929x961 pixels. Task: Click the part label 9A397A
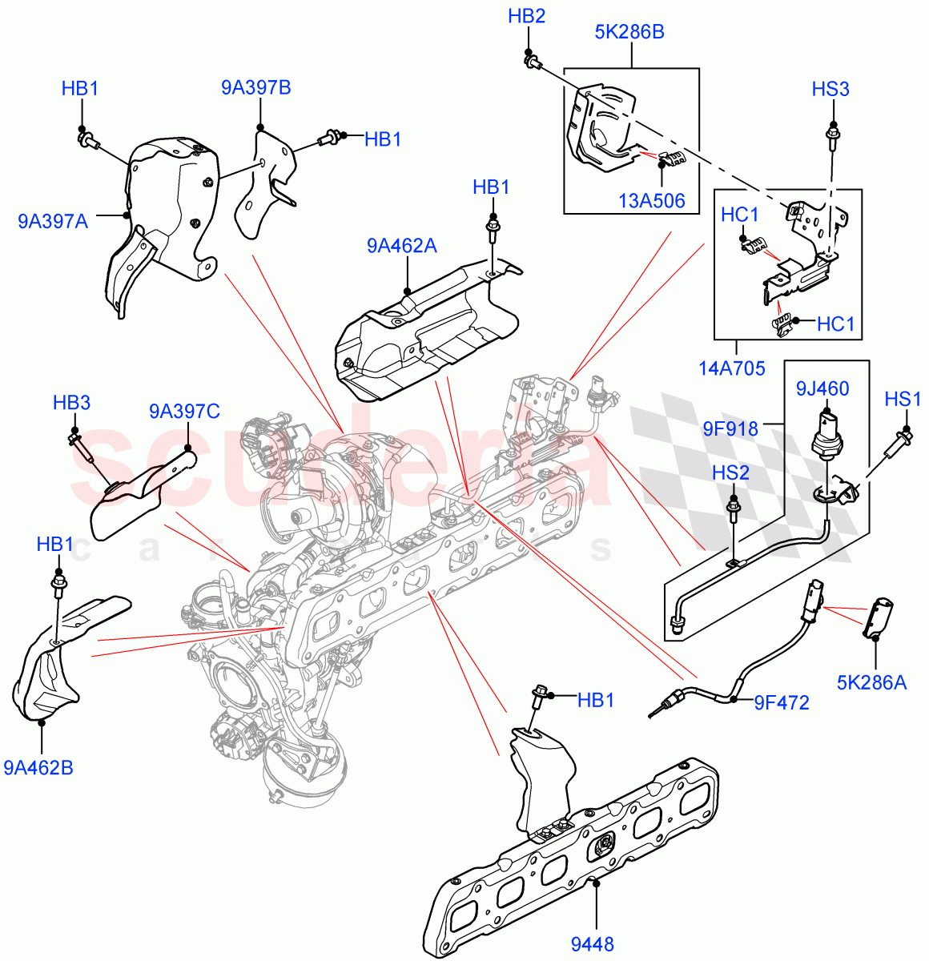(53, 220)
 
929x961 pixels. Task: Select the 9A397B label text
(256, 88)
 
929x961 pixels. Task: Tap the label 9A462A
(401, 246)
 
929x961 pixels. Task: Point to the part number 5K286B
(629, 33)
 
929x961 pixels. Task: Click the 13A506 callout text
(652, 200)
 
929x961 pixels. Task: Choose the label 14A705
(731, 368)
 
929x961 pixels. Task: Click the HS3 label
(830, 89)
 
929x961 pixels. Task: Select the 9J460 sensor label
(822, 389)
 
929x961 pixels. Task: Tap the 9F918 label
(730, 428)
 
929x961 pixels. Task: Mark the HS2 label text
(730, 473)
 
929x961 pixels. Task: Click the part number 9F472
(782, 703)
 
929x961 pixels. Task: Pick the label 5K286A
(871, 682)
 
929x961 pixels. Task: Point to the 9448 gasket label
(592, 944)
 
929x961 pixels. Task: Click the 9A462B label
(38, 768)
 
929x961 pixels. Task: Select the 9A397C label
(184, 412)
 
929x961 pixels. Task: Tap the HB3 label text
(71, 403)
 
